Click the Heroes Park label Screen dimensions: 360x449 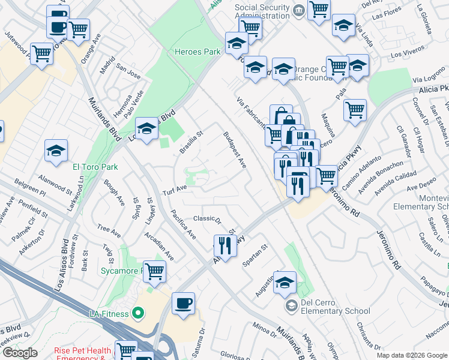click(197, 52)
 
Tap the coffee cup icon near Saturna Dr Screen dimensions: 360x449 click(184, 303)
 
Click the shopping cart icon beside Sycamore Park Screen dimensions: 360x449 click(155, 271)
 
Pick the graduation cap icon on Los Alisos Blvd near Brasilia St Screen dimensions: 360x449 click(146, 128)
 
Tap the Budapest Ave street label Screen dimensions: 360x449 click(235, 150)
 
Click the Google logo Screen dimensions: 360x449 click(20, 353)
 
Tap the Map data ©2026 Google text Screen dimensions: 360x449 click(412, 355)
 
